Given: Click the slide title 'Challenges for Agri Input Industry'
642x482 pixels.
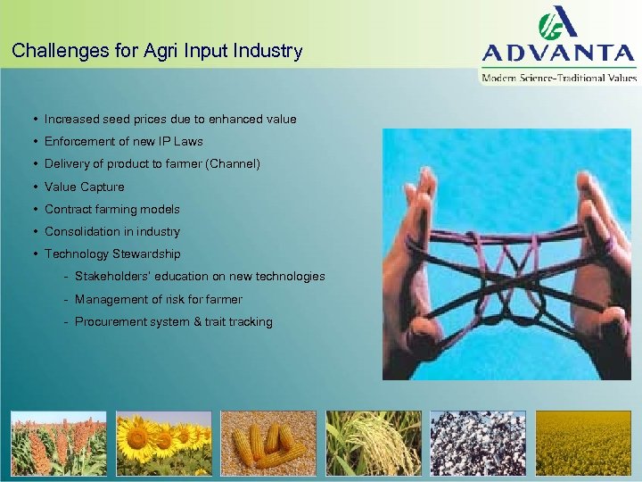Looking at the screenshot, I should [157, 51].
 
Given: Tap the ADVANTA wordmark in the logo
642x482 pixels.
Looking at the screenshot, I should [559, 53].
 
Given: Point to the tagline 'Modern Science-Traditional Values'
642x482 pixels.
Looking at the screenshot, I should [559, 78].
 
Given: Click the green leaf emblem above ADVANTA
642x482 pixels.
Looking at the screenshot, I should [556, 22].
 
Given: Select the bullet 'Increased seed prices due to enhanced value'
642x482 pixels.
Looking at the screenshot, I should [170, 119].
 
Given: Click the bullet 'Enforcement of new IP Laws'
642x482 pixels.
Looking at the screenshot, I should [124, 141].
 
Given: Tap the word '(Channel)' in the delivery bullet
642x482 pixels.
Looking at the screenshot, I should [231, 164].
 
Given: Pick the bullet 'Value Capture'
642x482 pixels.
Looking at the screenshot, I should [85, 187].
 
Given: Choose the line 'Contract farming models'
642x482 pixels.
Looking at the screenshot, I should [112, 209].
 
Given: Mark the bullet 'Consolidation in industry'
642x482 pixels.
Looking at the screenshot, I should [112, 231].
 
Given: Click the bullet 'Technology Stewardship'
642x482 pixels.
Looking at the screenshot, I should [112, 254].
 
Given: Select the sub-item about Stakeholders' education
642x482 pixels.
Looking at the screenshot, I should [200, 277].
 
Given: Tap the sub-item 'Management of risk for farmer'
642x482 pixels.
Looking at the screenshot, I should [159, 299].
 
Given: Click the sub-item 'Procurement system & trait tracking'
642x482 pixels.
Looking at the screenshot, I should [174, 321].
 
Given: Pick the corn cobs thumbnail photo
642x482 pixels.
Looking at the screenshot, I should [268, 443].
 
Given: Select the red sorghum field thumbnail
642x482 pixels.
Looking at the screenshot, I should [58, 443].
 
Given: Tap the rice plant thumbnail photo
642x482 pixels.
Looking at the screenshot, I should [374, 443].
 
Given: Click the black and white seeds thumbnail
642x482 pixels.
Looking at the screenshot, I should [478, 443].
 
